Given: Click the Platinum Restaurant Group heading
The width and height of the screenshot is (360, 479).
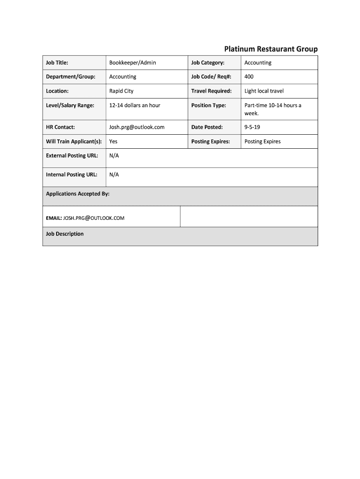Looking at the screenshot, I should coord(271,49).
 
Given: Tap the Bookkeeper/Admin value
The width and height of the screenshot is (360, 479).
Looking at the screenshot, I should coord(133,63).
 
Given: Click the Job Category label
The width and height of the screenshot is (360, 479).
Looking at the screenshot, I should coord(208,63).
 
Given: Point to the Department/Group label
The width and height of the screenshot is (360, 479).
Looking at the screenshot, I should coord(71,77).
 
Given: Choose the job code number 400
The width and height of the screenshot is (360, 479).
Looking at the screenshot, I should coord(249,77).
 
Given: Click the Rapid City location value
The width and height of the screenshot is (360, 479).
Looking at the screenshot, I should coord(122,91).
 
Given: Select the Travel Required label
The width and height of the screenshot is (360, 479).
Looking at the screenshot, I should coord(211,91).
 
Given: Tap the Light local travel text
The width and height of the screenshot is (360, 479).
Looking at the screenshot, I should coord(264,91).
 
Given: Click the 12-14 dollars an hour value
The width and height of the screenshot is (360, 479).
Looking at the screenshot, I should coord(135,105).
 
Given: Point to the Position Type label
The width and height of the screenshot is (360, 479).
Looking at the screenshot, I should coord(209,105).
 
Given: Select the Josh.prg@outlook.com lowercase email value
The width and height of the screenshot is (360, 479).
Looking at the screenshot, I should coord(137,127).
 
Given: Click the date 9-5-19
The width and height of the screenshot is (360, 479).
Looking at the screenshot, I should coord(252,127).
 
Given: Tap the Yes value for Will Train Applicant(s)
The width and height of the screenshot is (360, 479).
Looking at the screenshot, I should coord(113,141).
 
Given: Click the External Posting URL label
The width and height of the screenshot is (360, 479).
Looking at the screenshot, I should coord(72,155).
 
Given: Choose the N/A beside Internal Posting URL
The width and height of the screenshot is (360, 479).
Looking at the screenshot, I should coord(114,174).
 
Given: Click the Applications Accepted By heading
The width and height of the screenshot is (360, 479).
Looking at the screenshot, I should coord(78,194).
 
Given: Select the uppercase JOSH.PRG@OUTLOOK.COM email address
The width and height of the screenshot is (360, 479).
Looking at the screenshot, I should coord(94,218).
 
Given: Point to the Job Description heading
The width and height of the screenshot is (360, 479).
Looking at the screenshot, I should coord(65,234).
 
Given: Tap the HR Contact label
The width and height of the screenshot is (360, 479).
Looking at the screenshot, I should coord(60,127).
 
